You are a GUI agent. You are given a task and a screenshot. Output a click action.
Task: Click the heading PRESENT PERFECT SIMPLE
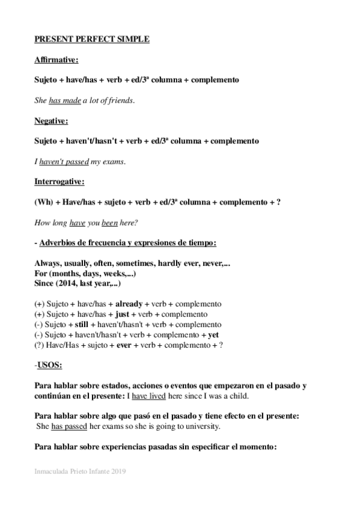92,39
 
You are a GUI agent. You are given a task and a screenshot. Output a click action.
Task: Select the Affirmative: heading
56,60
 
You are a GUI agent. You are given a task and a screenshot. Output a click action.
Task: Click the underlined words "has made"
65,100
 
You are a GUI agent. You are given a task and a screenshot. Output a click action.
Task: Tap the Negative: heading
51,121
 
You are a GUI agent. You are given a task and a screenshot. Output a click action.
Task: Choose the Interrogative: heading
59,181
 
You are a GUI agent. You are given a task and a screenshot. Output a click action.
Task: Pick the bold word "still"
83,325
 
